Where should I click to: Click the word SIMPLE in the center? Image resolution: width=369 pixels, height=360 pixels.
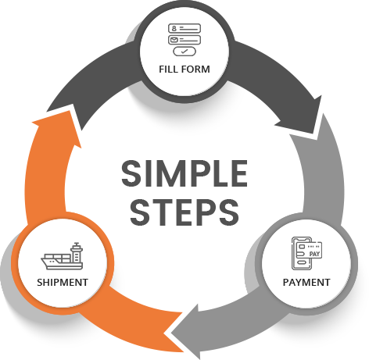(x=184, y=173)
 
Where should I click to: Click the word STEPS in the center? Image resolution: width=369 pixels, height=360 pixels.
(x=184, y=212)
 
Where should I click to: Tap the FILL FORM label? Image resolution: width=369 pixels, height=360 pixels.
(x=184, y=70)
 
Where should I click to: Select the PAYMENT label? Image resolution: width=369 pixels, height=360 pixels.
(x=306, y=283)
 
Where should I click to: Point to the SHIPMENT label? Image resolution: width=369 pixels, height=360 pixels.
(x=63, y=283)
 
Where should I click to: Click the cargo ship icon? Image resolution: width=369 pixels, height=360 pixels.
(x=62, y=256)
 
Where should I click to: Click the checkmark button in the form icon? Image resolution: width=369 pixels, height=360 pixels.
(x=184, y=52)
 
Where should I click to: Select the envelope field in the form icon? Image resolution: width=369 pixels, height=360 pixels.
(x=184, y=40)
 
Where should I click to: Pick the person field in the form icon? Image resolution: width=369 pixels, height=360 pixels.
(x=184, y=28)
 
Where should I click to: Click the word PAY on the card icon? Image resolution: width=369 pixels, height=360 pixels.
(x=314, y=254)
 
